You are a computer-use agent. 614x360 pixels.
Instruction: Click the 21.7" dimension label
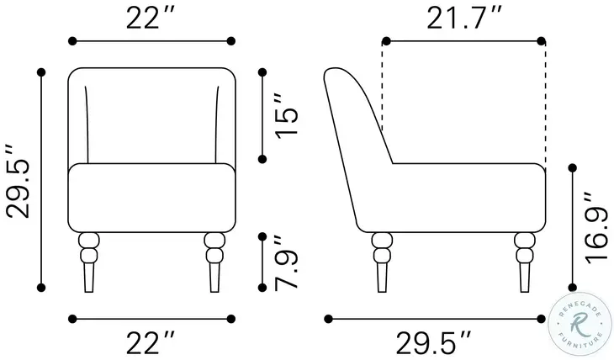(463, 18)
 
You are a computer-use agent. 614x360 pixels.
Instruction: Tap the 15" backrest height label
(287, 115)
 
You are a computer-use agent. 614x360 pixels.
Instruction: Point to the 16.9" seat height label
(597, 227)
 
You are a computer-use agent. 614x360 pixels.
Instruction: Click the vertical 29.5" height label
(19, 181)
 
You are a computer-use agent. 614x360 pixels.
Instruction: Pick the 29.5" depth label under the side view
(433, 342)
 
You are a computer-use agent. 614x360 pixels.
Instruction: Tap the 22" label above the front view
(150, 18)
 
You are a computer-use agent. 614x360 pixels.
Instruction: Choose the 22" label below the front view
(150, 342)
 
